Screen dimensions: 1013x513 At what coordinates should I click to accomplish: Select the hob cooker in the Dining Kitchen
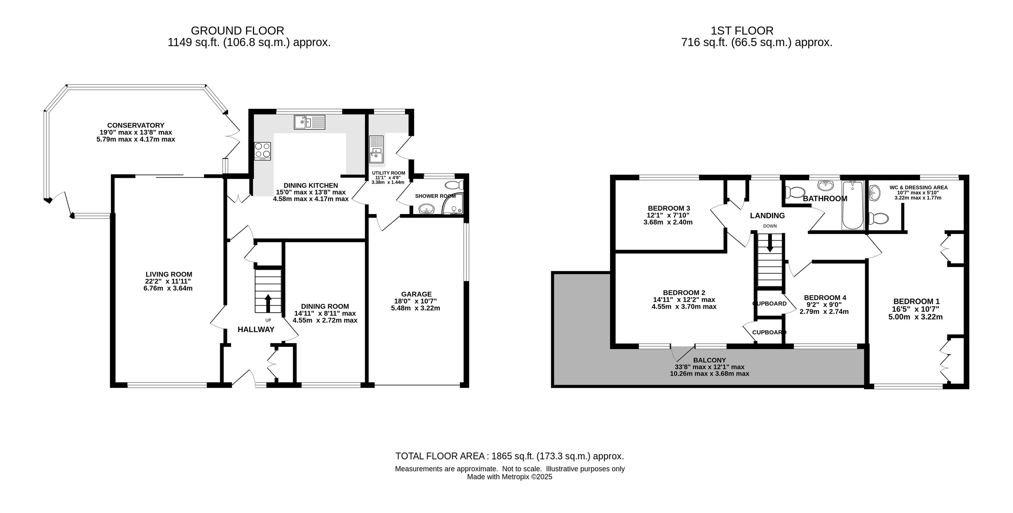click(262, 151)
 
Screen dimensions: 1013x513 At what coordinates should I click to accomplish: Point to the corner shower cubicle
click(453, 204)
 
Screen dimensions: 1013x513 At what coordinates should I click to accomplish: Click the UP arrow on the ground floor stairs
click(268, 303)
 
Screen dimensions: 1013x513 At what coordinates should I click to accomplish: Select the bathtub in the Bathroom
click(852, 205)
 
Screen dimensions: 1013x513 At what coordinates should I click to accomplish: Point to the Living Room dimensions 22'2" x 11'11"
click(168, 281)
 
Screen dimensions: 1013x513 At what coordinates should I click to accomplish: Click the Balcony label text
click(709, 360)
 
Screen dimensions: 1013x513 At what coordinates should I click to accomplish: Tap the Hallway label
click(256, 330)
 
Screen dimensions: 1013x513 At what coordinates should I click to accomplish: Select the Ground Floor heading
click(238, 31)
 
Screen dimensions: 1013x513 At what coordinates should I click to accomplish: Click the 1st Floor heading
click(742, 31)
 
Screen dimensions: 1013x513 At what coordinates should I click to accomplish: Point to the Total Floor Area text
click(510, 456)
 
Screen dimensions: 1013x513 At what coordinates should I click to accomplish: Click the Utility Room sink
click(376, 150)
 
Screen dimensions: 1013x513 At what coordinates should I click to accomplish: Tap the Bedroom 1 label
click(916, 302)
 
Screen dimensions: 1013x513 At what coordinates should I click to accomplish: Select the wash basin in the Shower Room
click(425, 208)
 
